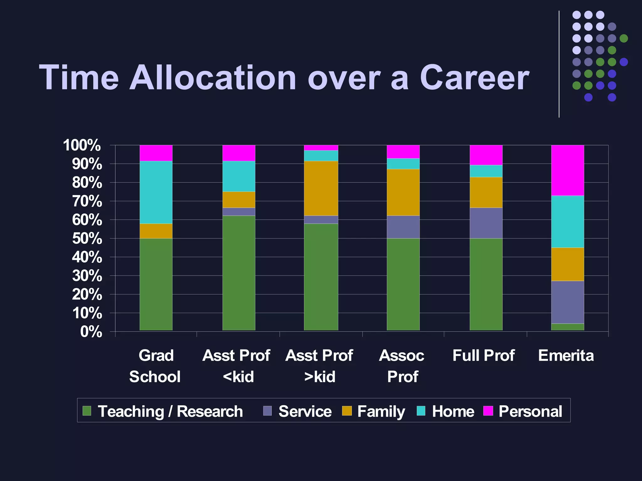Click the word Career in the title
coord(474,78)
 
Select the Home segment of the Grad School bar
coord(156,192)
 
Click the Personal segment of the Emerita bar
coord(567,170)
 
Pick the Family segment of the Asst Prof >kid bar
coord(321,188)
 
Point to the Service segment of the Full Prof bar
coord(486,223)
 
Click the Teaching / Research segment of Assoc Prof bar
coord(403,284)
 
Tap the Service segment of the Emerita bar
coord(567,302)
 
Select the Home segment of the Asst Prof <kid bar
coord(239,176)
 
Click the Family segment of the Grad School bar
coord(156,231)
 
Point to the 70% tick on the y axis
coord(87,201)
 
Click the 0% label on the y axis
coord(91,332)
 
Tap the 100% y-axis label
coord(82,146)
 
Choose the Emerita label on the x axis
coord(566,356)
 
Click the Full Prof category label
coord(483,356)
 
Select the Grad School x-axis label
coord(155,366)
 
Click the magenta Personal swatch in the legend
coord(488,411)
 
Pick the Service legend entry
coord(305,411)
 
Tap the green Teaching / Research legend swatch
coord(87,411)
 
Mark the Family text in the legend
coord(381,411)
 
